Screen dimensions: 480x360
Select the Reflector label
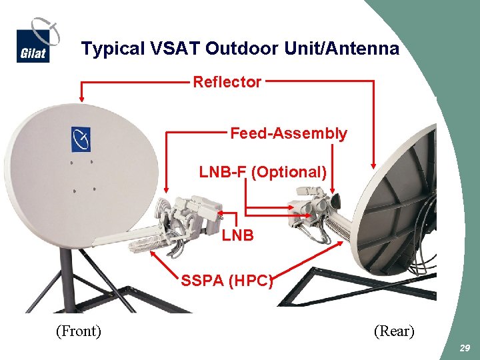coord(227,82)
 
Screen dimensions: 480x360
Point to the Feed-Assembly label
coord(288,133)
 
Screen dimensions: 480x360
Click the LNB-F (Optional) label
coord(263,172)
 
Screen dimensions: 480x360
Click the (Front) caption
coord(78,331)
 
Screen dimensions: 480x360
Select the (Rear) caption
coord(394,331)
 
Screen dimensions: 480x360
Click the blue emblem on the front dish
coord(81,139)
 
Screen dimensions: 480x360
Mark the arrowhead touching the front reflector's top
coord(81,98)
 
